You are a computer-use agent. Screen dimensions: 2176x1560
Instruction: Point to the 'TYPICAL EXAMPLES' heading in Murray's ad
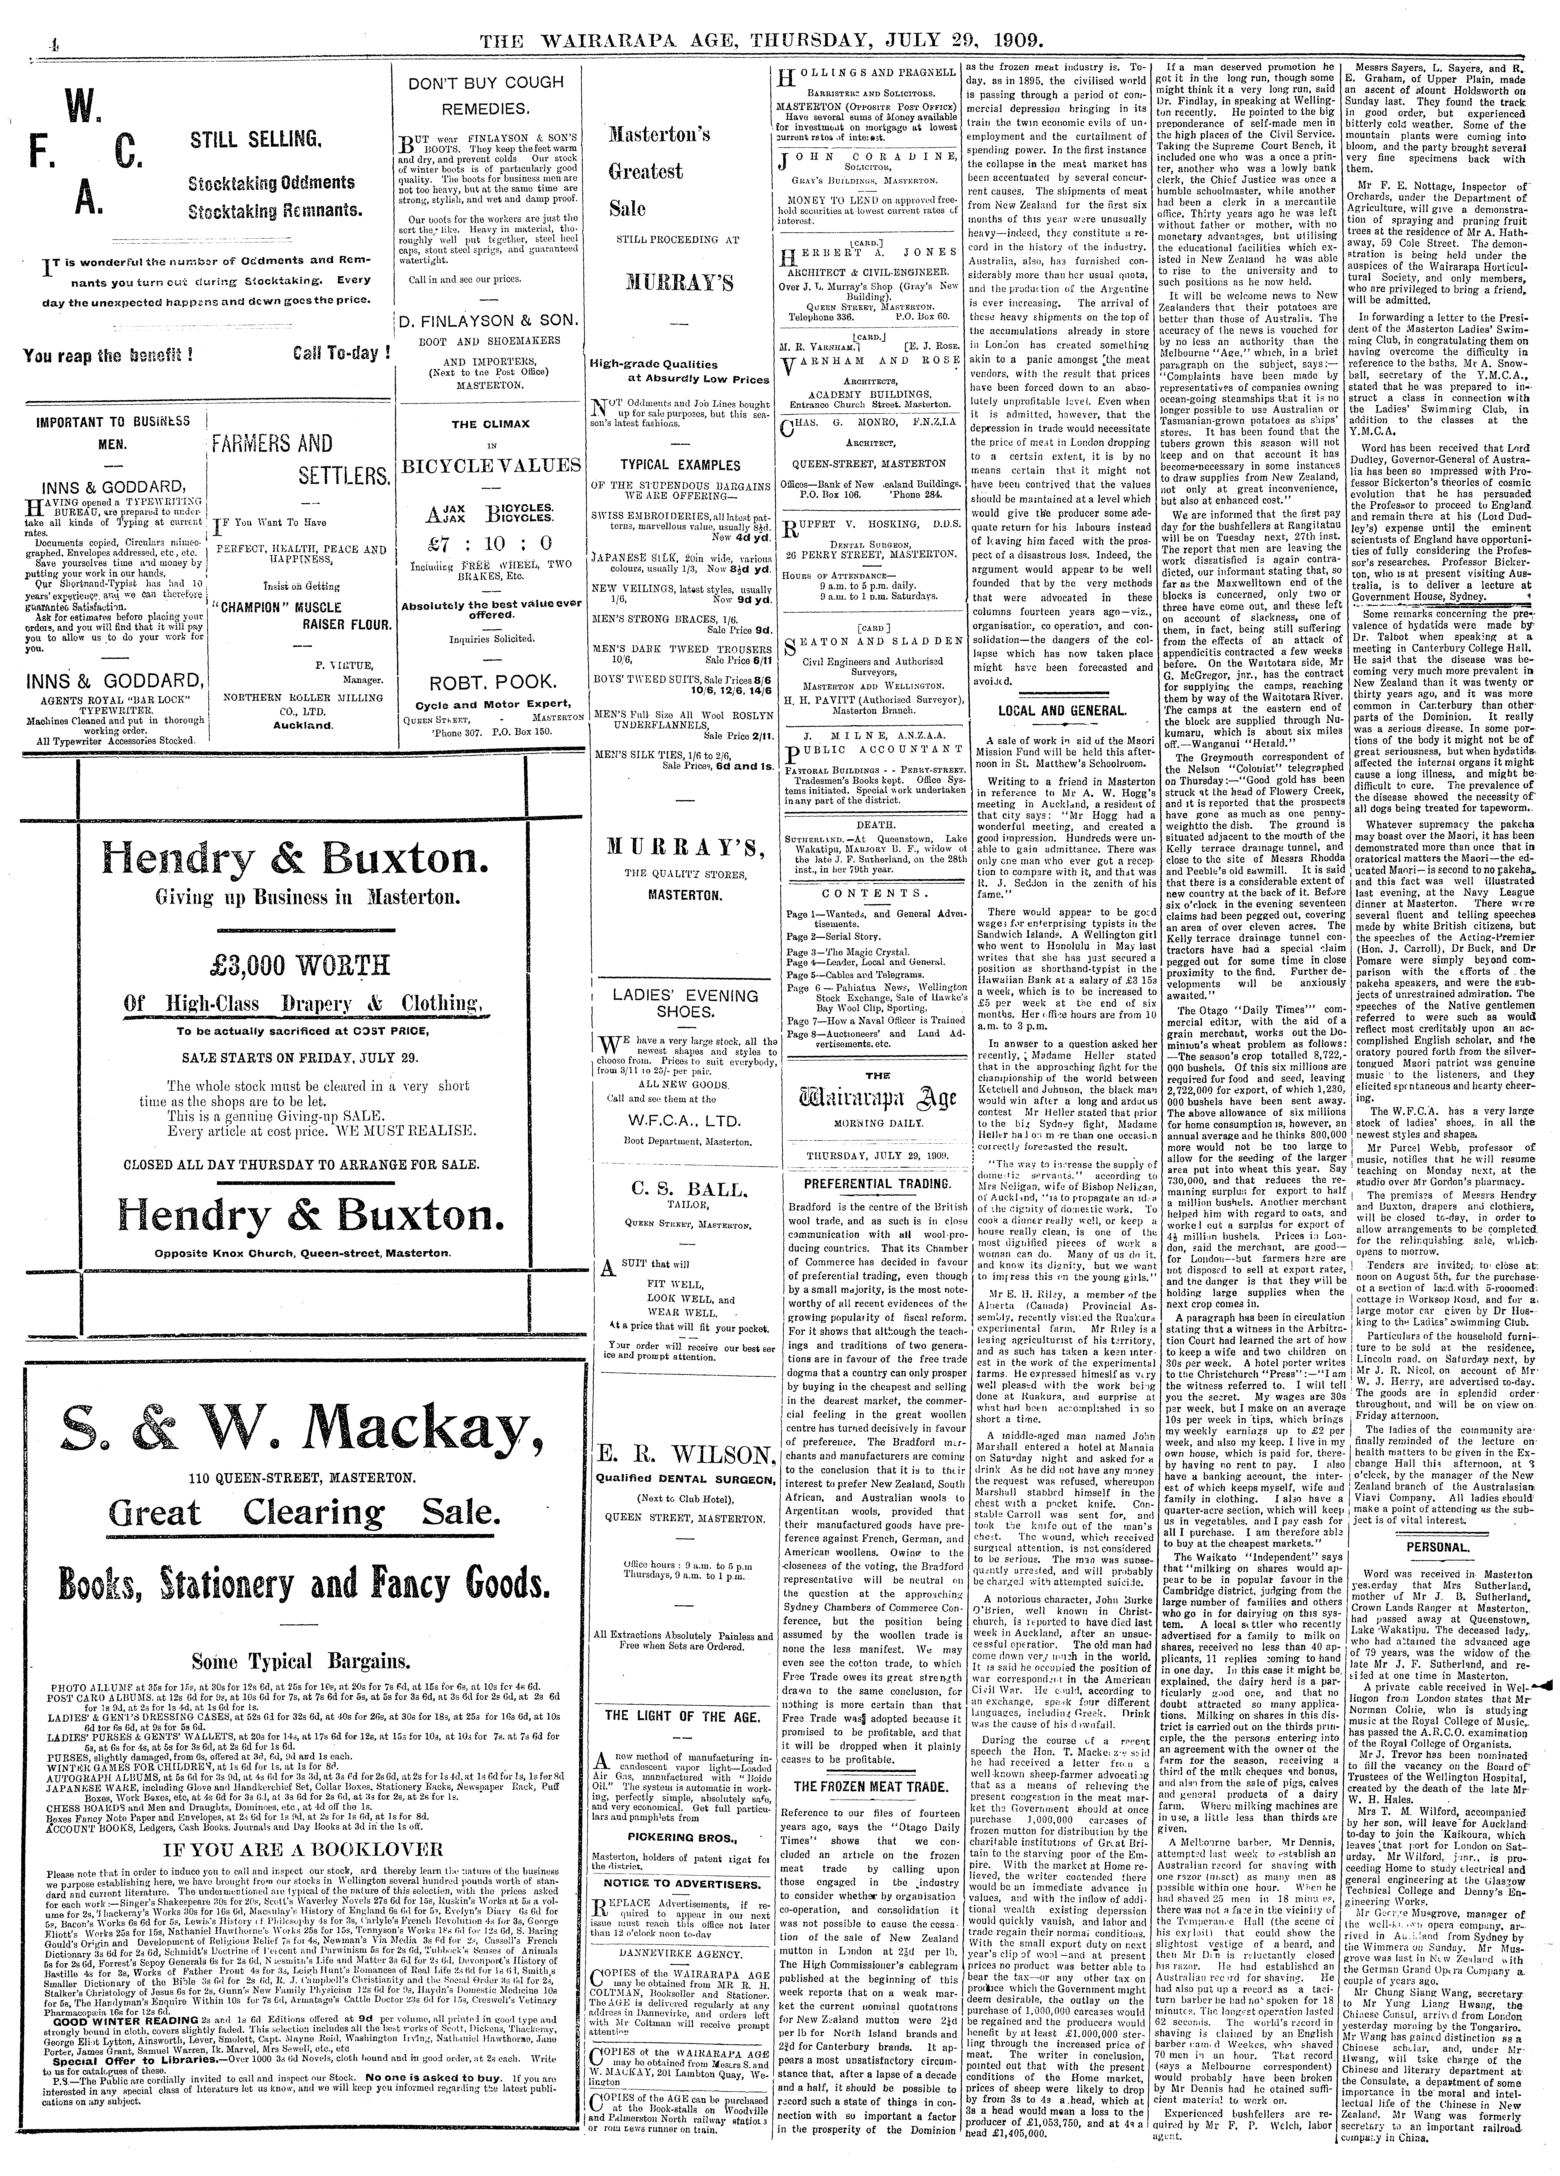pyautogui.click(x=685, y=463)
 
